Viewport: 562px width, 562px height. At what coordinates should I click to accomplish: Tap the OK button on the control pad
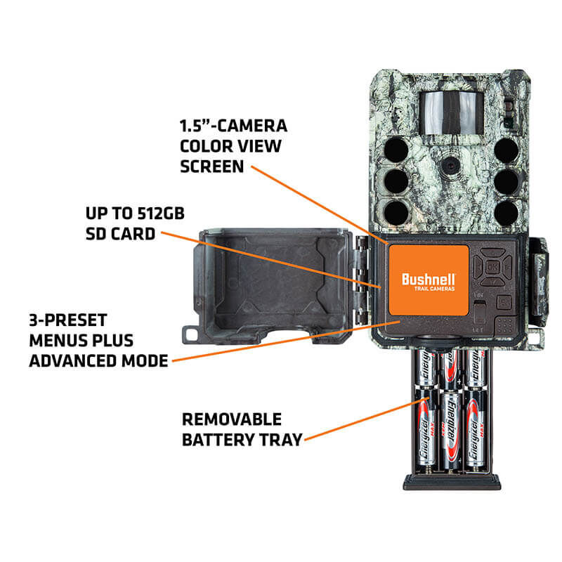point(493,268)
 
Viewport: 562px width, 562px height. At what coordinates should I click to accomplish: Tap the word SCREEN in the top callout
point(211,166)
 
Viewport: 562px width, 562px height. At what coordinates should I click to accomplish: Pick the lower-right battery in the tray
point(476,432)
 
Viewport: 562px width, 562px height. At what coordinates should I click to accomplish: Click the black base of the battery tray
point(451,482)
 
